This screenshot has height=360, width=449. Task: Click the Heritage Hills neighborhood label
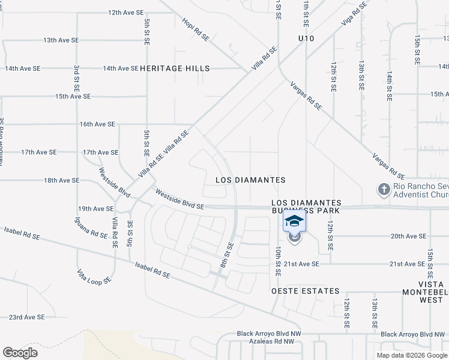[x=175, y=68]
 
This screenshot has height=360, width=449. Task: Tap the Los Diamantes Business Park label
[x=306, y=207]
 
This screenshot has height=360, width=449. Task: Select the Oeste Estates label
[x=306, y=291]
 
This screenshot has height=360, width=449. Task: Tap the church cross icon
[x=384, y=190]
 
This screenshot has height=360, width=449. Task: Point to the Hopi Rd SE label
[x=196, y=29]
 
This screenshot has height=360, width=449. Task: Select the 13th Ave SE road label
[x=61, y=40]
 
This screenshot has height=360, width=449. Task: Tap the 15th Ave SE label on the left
[x=73, y=96]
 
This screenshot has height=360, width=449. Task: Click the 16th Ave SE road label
[x=97, y=124]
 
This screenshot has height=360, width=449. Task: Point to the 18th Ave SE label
[x=61, y=180]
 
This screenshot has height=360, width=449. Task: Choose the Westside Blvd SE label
[x=180, y=200]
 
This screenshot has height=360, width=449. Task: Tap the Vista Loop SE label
[x=94, y=277]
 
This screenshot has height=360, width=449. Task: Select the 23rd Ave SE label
[x=26, y=317]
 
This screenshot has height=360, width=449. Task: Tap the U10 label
[x=306, y=38]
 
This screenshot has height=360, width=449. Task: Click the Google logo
[x=20, y=353]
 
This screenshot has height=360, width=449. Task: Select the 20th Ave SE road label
[x=408, y=236]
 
